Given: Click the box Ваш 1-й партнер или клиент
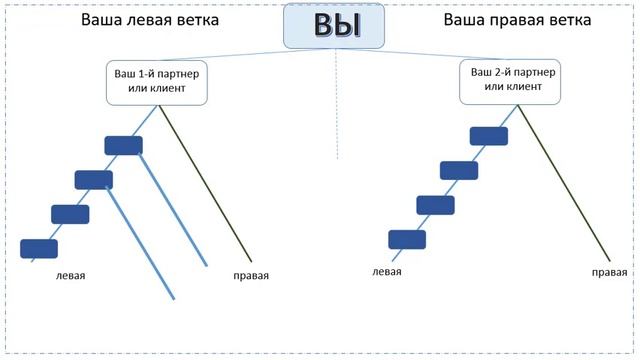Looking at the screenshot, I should pyautogui.click(x=155, y=81).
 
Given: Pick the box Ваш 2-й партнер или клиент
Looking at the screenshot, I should pyautogui.click(x=508, y=81).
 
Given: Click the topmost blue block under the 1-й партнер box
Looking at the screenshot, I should pyautogui.click(x=124, y=145).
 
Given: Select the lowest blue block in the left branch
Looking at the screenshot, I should pyautogui.click(x=39, y=248).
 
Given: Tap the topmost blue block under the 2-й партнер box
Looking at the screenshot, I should pyautogui.click(x=488, y=135).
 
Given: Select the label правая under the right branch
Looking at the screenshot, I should pyautogui.click(x=609, y=271).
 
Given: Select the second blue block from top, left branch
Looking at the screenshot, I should pyautogui.click(x=94, y=179).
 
